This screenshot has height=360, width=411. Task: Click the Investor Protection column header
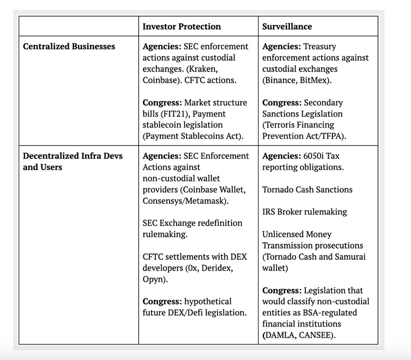[x=181, y=26]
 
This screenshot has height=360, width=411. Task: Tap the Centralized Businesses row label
[x=69, y=46]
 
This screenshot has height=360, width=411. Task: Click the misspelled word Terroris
[x=282, y=125]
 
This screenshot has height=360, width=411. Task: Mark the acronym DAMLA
[x=284, y=335]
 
